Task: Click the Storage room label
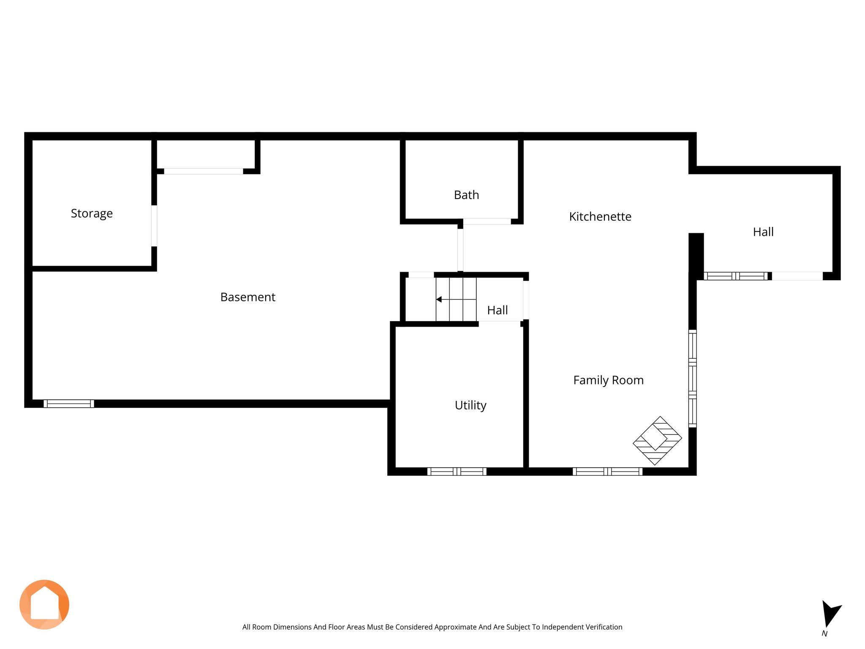coord(92,213)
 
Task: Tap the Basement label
coord(248,297)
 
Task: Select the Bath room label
coord(466,195)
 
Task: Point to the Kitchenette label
coord(600,216)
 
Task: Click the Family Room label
coord(608,380)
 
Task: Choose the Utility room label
coord(471,405)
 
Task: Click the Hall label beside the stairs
coord(497,310)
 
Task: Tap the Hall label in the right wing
coord(763,232)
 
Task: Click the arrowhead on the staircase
coord(439,299)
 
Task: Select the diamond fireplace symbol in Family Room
coord(657,441)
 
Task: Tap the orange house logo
coord(44,605)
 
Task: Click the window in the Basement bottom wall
coord(69,404)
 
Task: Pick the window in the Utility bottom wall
coord(457,472)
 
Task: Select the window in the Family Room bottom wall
coord(607,472)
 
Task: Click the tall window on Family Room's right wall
coord(693,378)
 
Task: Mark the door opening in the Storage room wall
coord(154,226)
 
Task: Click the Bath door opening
coord(487,221)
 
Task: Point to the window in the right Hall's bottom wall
coord(735,276)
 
